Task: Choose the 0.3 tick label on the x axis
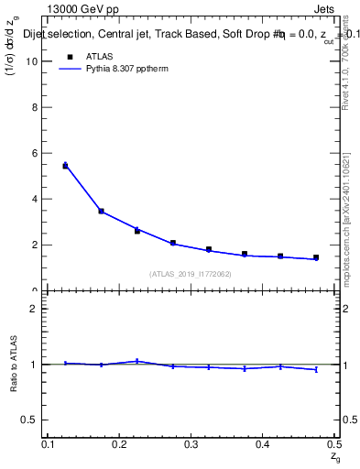[191, 444]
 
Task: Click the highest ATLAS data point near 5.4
[65, 166]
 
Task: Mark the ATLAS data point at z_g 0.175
[101, 212]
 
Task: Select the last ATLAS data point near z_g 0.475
[316, 257]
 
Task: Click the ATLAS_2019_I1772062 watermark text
[191, 274]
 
